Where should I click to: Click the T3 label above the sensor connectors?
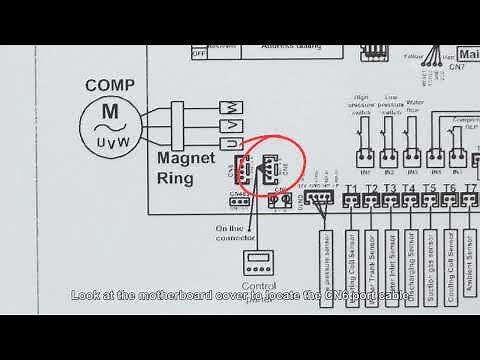(390, 188)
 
